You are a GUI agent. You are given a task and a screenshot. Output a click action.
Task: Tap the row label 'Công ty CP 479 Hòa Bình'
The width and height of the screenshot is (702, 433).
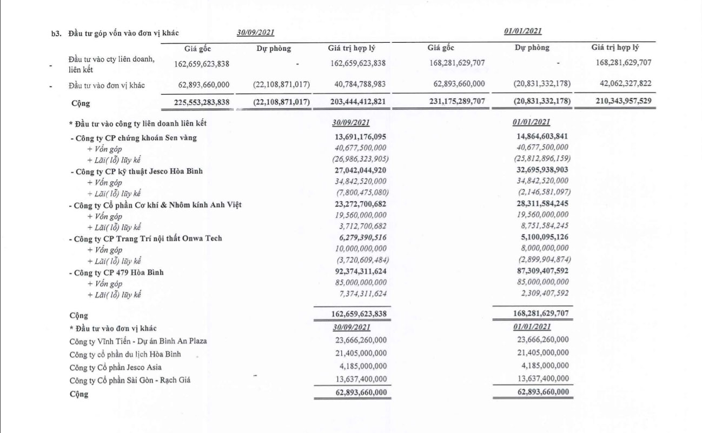point(119,272)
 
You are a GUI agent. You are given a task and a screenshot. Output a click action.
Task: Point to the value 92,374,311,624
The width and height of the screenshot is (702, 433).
point(359,272)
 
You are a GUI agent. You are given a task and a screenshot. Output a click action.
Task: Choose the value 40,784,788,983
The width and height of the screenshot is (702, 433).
point(357,84)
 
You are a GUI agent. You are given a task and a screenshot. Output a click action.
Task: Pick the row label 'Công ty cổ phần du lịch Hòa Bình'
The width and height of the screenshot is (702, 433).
point(125,354)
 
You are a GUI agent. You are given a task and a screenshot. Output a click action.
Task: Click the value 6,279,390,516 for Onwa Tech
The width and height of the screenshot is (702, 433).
point(359,238)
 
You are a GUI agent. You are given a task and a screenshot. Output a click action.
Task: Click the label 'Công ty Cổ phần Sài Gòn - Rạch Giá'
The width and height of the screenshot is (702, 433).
point(130,380)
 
